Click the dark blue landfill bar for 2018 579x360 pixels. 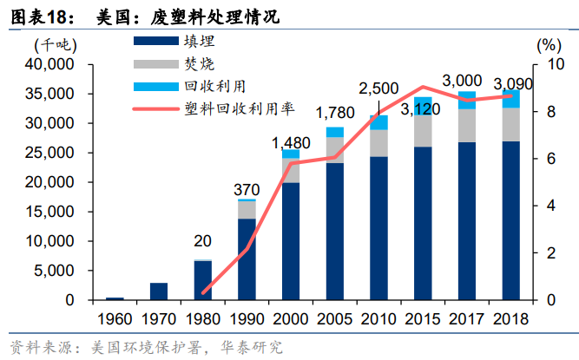(511, 221)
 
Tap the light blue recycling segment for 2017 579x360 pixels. (466, 95)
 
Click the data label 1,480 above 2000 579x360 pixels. (292, 143)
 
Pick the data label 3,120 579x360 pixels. (421, 109)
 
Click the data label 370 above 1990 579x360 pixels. (247, 189)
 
